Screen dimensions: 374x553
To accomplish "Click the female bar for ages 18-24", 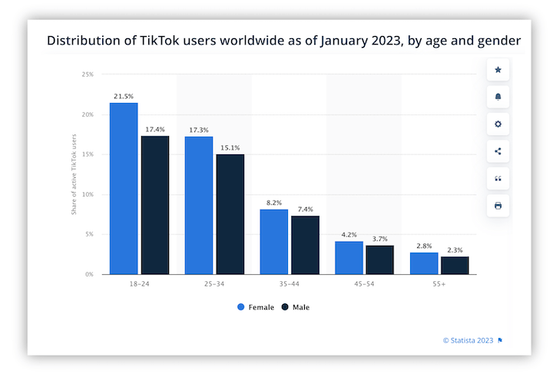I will pyautogui.click(x=124, y=188).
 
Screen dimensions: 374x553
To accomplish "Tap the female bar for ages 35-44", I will pyautogui.click(x=274, y=241).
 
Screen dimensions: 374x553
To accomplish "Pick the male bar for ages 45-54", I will pyautogui.click(x=379, y=260).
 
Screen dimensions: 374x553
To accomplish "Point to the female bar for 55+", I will pyautogui.click(x=424, y=263).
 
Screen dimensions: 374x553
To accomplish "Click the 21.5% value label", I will pyautogui.click(x=124, y=97).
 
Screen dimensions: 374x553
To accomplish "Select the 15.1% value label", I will pyautogui.click(x=230, y=147).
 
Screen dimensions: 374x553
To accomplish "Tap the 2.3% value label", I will pyautogui.click(x=454, y=250).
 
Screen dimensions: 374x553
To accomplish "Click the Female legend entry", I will pyautogui.click(x=257, y=307).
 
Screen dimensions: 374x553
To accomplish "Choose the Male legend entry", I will pyautogui.click(x=296, y=307).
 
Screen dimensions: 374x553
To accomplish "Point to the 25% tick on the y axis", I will pyautogui.click(x=88, y=74).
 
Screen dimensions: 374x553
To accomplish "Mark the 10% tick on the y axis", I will pyautogui.click(x=88, y=194).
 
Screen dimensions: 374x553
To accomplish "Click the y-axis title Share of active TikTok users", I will pyautogui.click(x=75, y=174).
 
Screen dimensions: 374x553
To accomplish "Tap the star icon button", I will pyautogui.click(x=498, y=70).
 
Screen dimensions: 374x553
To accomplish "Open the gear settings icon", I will pyautogui.click(x=498, y=124).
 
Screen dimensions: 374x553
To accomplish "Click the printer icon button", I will pyautogui.click(x=498, y=206).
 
